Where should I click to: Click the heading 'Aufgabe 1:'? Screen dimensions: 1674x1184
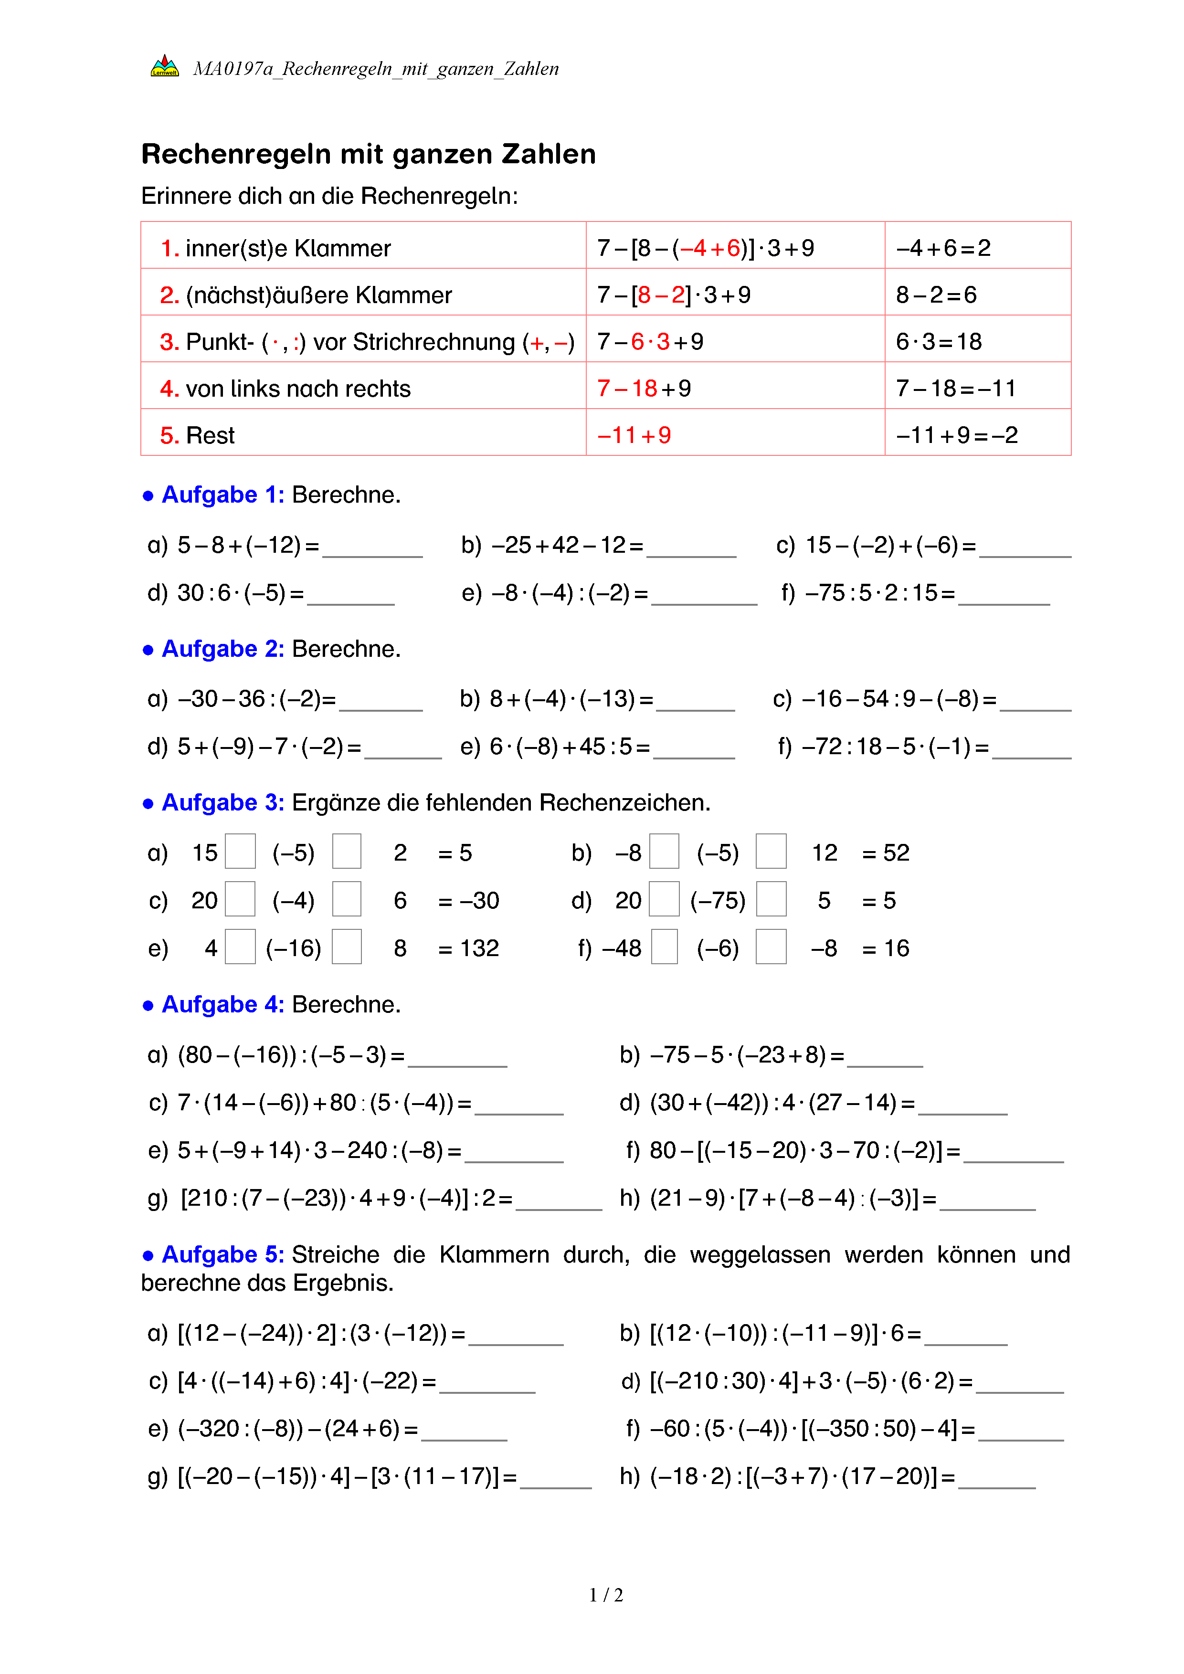coord(222,495)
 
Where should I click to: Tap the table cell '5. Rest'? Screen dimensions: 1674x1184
coord(198,435)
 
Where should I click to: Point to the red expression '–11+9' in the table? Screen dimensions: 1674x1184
coord(634,435)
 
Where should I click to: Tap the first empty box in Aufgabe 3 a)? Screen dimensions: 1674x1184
coord(240,852)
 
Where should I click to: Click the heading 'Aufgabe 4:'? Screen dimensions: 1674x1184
coord(222,1005)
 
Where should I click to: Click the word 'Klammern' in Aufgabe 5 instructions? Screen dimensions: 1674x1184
coord(494,1255)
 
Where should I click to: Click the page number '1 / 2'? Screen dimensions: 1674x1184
coord(606,1595)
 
